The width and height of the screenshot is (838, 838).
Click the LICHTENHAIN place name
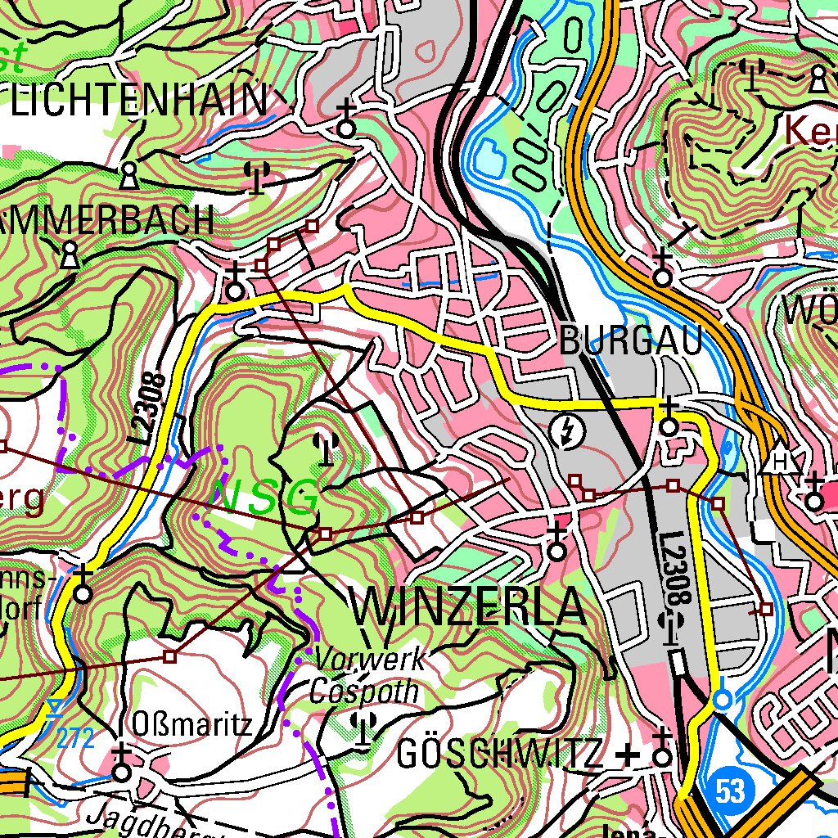coord(139,101)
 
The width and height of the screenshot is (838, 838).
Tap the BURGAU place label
coord(631,341)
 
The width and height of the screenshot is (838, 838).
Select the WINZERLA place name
coord(470,608)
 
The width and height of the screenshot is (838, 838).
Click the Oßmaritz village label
coord(191,724)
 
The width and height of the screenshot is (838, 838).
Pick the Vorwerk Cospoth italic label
coord(367,675)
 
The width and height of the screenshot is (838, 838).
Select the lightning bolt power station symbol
coord(565,431)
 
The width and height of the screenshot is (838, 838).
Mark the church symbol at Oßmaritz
coord(122,766)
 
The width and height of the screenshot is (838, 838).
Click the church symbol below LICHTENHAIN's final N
coord(347,121)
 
